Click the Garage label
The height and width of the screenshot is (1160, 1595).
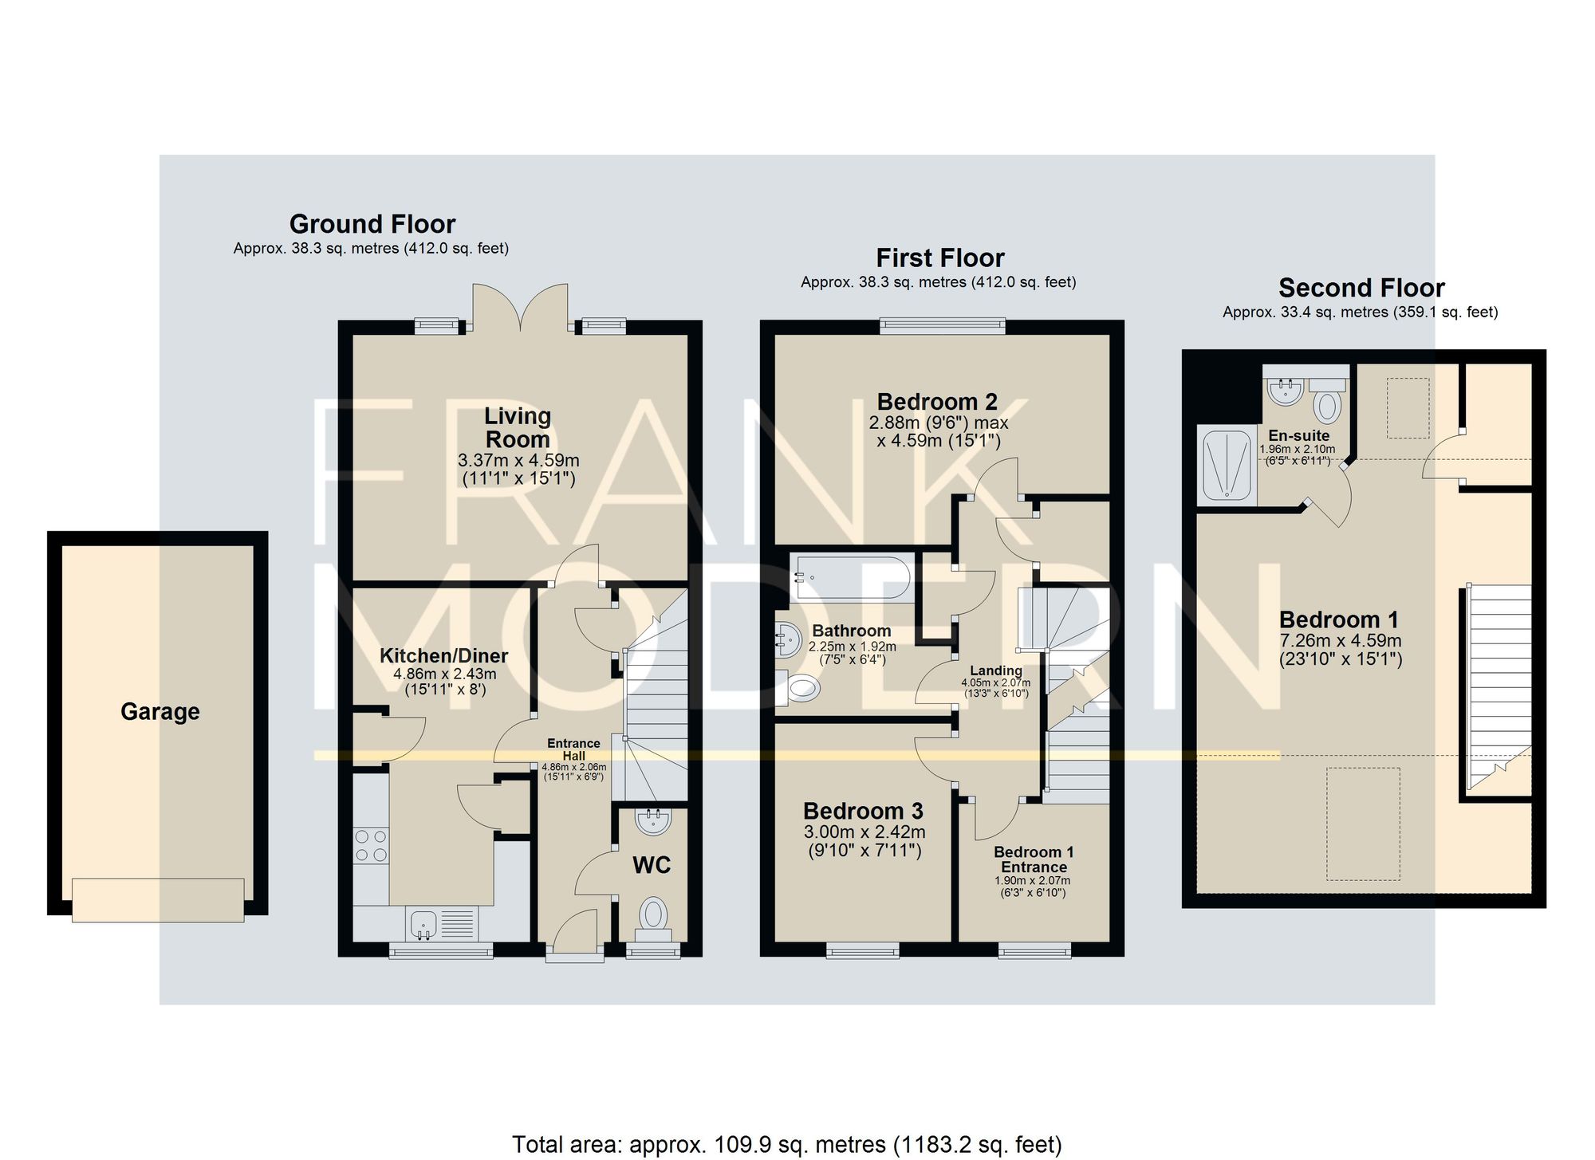point(159,711)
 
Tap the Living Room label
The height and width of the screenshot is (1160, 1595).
point(518,427)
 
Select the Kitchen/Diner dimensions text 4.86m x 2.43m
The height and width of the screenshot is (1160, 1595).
point(445,674)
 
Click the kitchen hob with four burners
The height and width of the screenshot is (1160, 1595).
point(371,845)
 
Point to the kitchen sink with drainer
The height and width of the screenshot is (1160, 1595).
point(442,924)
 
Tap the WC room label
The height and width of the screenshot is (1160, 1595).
point(652,865)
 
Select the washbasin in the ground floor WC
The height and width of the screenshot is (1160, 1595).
point(654,821)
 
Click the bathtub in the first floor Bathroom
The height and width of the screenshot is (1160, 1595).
point(850,578)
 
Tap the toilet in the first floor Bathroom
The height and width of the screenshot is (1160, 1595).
point(797,687)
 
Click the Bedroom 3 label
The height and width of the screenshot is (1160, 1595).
point(863,811)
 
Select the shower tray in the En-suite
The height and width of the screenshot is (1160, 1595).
point(1227,466)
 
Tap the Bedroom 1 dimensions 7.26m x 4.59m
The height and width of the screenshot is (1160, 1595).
point(1341,640)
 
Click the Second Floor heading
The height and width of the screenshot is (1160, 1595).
point(1361,287)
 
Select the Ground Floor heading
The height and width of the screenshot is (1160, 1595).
point(372,223)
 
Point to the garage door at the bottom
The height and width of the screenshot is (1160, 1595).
point(158,900)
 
